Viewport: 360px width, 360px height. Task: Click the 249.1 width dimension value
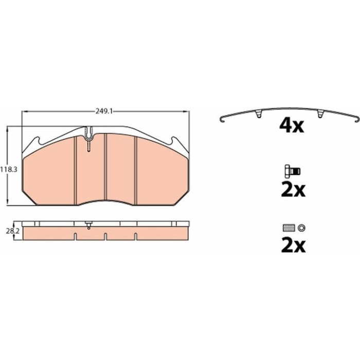[x=104, y=112]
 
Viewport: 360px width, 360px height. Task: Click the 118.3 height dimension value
[x=9, y=170]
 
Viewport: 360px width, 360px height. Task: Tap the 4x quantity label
[x=292, y=125]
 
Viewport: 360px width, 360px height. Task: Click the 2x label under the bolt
[x=293, y=190]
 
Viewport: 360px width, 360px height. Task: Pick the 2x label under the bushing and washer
[x=293, y=246]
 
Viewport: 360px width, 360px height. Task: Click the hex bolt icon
[x=293, y=171]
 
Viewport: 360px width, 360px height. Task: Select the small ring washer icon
[x=301, y=228]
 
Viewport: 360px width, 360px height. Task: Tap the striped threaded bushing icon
[x=289, y=228]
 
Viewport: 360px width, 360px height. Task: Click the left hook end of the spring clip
[x=222, y=119]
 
